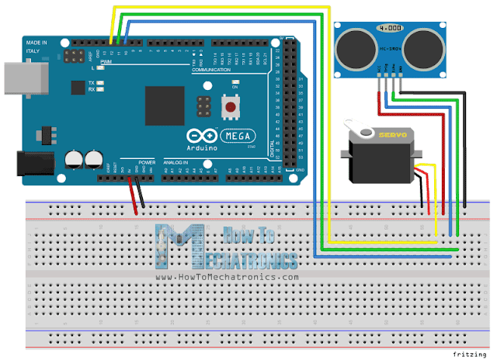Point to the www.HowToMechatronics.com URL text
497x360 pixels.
pos(227,277)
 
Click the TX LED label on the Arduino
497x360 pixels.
pos(92,82)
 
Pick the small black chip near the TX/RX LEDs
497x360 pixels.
pos(78,87)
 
